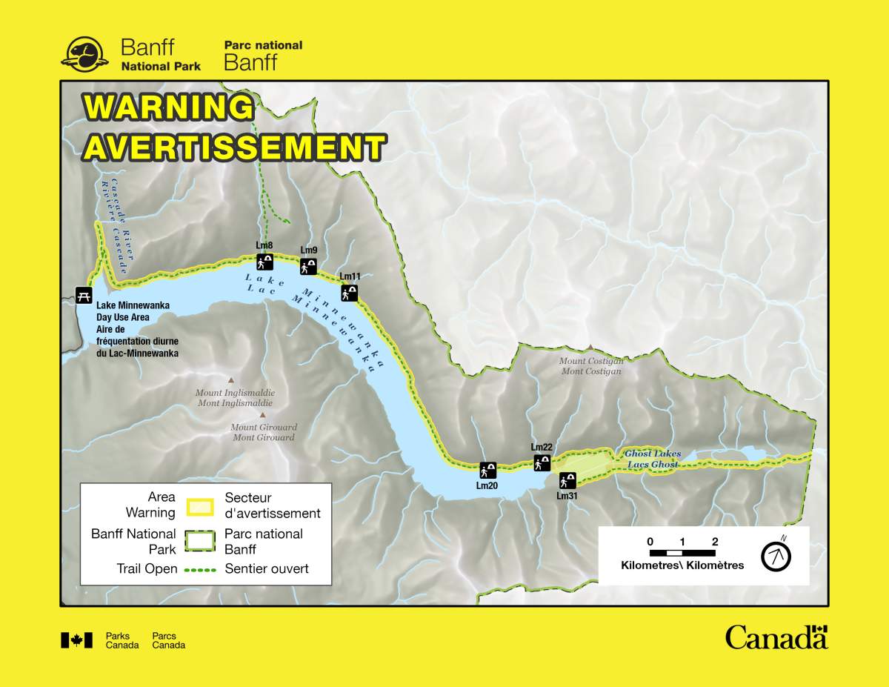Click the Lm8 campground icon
264,262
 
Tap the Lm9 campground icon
308,267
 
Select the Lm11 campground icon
349,293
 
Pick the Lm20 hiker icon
487,470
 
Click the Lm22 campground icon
542,463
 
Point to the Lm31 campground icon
567,480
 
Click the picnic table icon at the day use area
84,295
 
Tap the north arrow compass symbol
776,555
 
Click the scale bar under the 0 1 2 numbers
682,553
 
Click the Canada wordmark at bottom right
776,637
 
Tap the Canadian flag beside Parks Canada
76,640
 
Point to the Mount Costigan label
591,366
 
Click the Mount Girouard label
264,432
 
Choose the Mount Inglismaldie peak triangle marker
231,378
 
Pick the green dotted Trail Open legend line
199,569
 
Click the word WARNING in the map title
169,108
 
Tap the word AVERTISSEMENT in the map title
234,147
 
